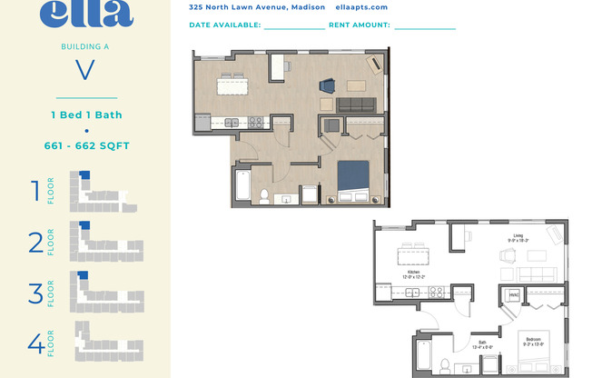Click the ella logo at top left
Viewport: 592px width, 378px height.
coord(86,13)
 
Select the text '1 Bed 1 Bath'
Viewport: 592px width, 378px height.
coord(86,115)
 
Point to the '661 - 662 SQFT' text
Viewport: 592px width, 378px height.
coord(86,144)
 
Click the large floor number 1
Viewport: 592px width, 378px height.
coord(35,191)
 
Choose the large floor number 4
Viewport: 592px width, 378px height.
coord(35,343)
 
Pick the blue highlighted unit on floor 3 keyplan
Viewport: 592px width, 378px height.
coord(83,275)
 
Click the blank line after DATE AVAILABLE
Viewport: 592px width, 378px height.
coord(294,26)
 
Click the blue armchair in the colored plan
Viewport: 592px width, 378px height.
coord(327,86)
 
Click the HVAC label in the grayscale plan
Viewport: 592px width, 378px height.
coord(513,295)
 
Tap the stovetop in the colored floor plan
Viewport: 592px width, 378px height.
coord(257,121)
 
